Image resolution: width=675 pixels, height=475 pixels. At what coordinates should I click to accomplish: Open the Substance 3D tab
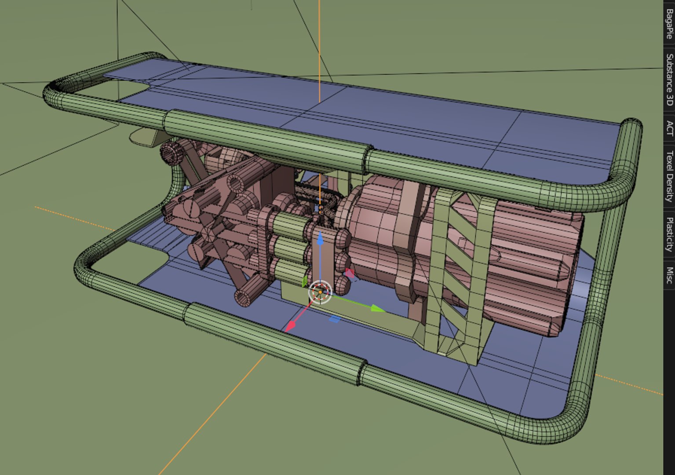coord(669,80)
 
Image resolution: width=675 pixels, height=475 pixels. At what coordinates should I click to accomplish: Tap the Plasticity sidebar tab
coord(669,234)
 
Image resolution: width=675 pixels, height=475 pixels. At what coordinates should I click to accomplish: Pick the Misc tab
coord(669,275)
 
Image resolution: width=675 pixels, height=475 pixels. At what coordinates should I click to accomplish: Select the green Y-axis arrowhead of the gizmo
coord(377,308)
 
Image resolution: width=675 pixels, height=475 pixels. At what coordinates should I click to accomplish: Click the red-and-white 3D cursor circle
coord(320,292)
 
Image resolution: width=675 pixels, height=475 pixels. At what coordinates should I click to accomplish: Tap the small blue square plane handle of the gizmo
coord(334,319)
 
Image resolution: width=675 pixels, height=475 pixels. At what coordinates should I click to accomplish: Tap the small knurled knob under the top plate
coord(169,153)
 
